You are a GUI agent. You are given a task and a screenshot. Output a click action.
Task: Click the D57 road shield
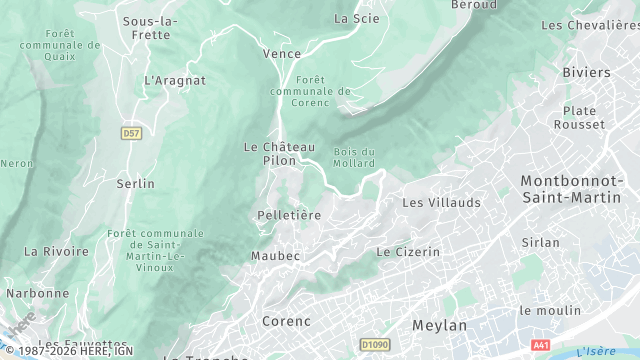[x=131, y=132]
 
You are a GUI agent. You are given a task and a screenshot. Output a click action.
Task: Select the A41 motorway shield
[x=541, y=344]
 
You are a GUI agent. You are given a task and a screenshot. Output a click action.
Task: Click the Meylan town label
[x=440, y=326]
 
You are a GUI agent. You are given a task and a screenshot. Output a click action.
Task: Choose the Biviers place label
[x=586, y=73]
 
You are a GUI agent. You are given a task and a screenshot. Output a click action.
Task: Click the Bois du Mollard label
[x=354, y=157]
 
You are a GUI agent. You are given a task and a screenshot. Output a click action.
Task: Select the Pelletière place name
[x=289, y=215]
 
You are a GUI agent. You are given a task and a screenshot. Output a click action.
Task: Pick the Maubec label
[x=275, y=256]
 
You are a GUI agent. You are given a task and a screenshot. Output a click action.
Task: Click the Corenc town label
[x=286, y=321]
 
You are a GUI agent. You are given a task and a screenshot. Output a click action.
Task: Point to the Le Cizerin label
[x=407, y=252]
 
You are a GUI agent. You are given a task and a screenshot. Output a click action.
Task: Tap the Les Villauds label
[x=441, y=202]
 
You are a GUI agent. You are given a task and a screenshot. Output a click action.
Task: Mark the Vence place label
[x=281, y=53]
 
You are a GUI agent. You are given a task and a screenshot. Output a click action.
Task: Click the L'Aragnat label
[x=175, y=80]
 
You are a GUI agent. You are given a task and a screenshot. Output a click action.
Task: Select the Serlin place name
[x=136, y=183]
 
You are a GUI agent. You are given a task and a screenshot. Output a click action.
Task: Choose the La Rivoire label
[x=56, y=251]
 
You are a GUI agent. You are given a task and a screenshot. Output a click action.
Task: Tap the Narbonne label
[x=38, y=293]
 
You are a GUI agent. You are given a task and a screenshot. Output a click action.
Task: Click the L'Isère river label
[x=596, y=350]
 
